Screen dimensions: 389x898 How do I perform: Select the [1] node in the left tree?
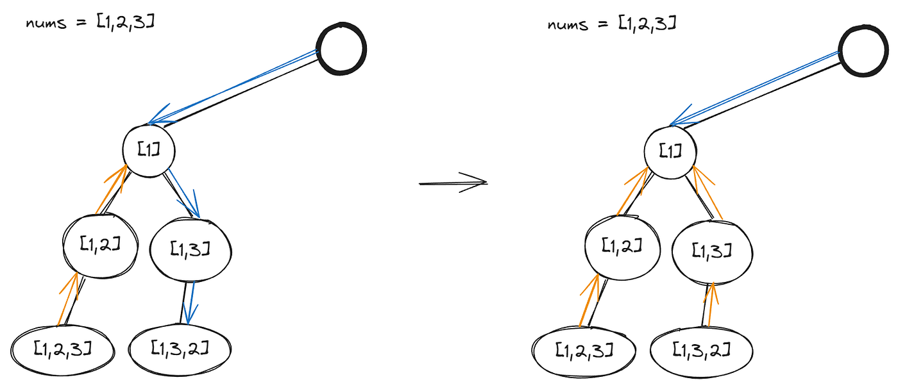149,149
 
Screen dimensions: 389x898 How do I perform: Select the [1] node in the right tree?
670,150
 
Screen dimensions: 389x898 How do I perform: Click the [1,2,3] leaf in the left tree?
63,349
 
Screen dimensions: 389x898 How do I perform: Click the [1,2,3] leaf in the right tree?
584,350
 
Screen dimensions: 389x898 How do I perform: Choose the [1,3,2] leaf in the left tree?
180,348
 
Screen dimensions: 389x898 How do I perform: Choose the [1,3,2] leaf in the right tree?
701,350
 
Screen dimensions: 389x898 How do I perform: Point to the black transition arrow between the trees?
453,183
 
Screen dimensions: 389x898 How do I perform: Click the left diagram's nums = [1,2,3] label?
89,24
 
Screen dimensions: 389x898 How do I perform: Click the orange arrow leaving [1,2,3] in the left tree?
68,298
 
